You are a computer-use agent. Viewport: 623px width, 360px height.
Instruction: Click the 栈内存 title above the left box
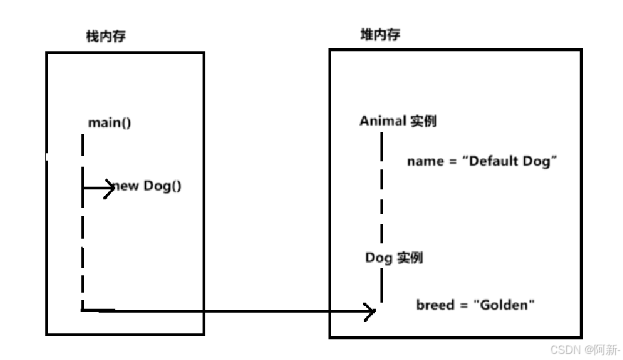point(105,36)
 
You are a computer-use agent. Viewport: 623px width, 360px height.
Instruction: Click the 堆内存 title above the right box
point(380,35)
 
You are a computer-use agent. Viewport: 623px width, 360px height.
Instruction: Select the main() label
point(109,123)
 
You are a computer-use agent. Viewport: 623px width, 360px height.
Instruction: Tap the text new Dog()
point(147,185)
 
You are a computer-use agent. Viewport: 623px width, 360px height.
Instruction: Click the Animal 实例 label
point(398,121)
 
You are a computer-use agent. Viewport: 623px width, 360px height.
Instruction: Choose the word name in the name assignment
point(425,161)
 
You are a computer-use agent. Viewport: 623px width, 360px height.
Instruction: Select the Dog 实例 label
point(394,257)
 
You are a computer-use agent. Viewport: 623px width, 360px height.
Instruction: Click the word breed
point(435,305)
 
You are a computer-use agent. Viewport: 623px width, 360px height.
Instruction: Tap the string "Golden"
point(504,305)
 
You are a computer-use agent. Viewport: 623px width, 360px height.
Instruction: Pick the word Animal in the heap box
point(382,121)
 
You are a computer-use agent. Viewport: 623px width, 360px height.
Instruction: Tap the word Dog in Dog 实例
point(378,257)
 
